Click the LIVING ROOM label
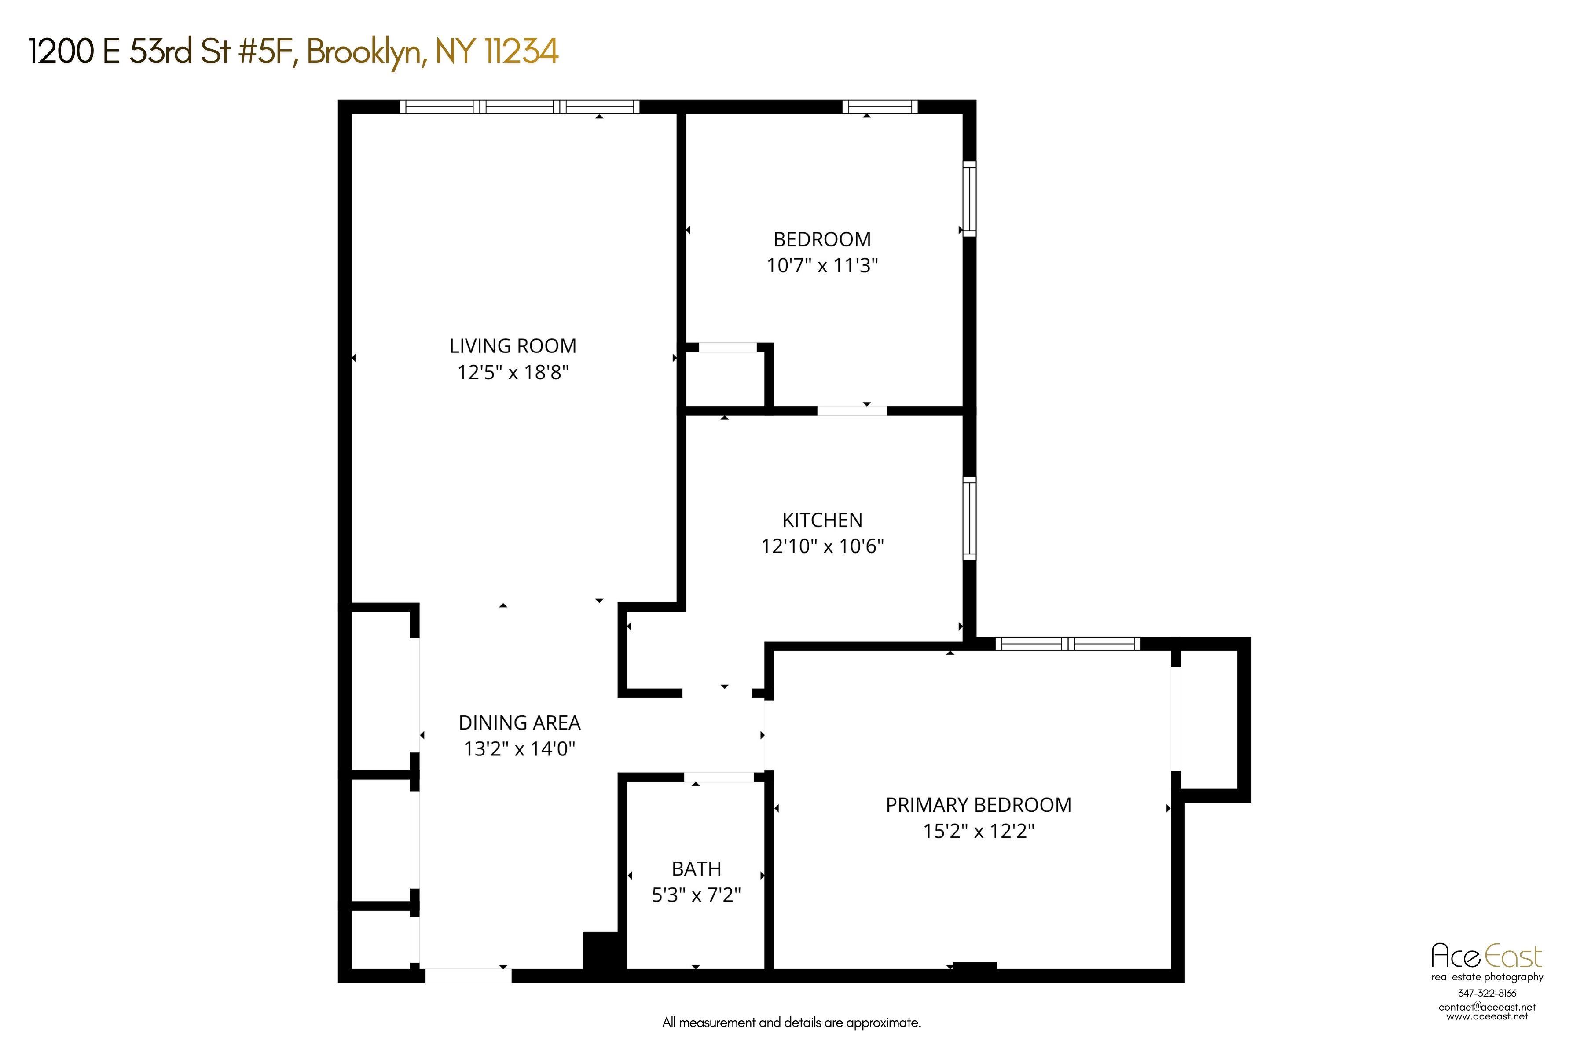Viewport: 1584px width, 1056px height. (x=513, y=346)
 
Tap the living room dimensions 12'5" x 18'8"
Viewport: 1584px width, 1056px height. (x=513, y=372)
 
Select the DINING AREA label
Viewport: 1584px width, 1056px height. (x=519, y=722)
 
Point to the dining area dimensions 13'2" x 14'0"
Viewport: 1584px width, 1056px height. (x=519, y=749)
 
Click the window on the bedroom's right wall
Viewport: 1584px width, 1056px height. (x=969, y=199)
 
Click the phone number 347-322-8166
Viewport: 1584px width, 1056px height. (x=1487, y=993)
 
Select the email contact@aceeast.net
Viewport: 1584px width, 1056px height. (x=1487, y=1007)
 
